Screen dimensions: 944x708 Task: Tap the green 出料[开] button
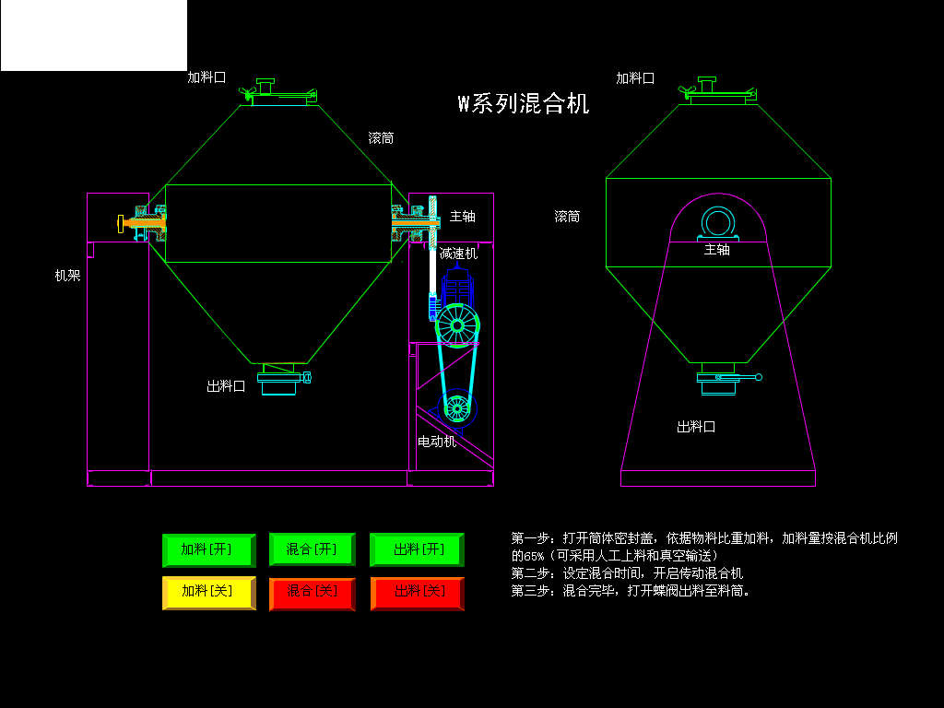pos(418,549)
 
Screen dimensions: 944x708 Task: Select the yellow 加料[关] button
pos(207,592)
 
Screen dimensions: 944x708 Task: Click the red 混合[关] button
pos(312,592)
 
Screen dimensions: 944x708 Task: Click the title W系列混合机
pos(524,103)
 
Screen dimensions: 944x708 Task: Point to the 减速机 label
pos(458,253)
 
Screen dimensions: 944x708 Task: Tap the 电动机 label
pos(437,442)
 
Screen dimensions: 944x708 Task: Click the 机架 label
pos(67,275)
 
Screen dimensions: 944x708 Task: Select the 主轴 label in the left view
pos(463,217)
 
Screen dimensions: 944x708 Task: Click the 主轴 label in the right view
pos(717,249)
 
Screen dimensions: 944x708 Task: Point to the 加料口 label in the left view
pos(206,77)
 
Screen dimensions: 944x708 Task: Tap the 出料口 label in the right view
pos(696,427)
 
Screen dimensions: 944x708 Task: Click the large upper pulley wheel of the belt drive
pos(458,325)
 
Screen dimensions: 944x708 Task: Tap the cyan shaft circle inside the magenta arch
pos(717,222)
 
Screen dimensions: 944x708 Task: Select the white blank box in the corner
pos(93,35)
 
